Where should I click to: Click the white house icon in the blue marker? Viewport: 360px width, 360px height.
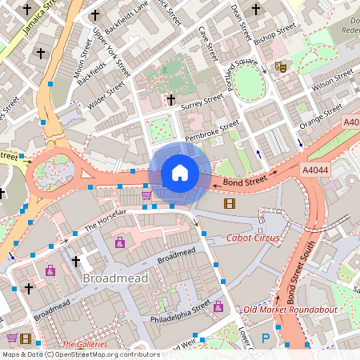coord(180,173)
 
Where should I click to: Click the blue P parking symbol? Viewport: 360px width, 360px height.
coord(266,338)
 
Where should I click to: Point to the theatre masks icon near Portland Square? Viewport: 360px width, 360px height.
coord(280,67)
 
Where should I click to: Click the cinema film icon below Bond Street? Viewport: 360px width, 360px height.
coord(230,203)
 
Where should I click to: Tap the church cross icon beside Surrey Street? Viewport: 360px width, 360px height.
coord(170,100)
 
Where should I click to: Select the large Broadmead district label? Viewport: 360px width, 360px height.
coord(113,278)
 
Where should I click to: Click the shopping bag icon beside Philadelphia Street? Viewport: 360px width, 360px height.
coord(218,306)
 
